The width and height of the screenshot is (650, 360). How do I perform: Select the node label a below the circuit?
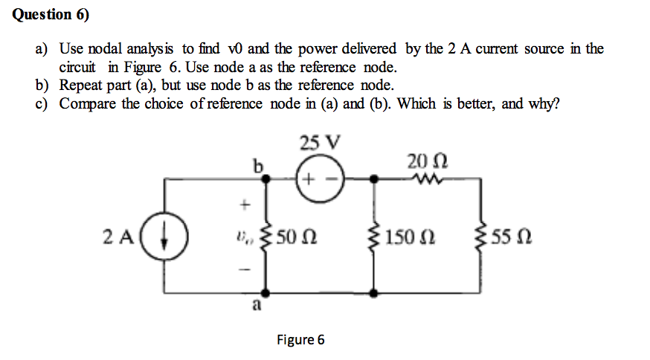tap(257, 304)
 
